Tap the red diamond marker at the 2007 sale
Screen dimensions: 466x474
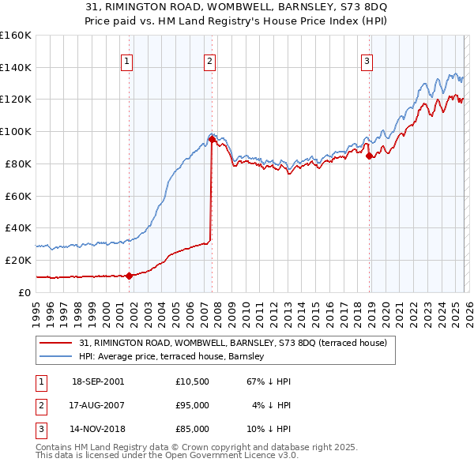(212, 139)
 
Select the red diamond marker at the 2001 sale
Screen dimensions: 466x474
(129, 276)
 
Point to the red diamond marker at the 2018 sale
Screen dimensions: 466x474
(370, 156)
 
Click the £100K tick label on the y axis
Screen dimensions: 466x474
(15, 131)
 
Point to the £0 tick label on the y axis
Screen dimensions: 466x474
(24, 291)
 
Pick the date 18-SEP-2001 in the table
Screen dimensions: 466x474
(98, 381)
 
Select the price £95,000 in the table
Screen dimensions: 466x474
(192, 405)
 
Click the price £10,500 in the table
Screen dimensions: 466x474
(192, 381)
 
